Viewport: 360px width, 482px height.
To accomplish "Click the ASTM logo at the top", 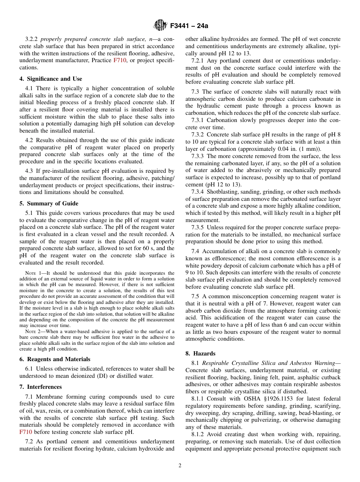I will pyautogui.click(x=160, y=26).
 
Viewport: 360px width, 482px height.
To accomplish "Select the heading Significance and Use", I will pyautogui.click(x=51, y=79).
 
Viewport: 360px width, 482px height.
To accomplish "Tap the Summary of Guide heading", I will pyautogui.click(x=49, y=203).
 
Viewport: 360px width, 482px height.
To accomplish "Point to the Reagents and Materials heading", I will pyautogui.click(x=55, y=359).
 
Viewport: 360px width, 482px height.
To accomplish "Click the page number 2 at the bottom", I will pyautogui.click(x=180, y=466).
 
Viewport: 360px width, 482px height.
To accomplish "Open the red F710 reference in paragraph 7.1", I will pyautogui.click(x=26, y=432).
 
